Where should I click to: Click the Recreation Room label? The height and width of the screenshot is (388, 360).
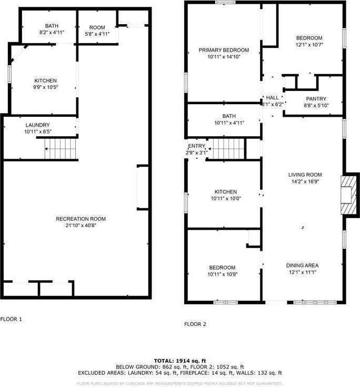point(81,219)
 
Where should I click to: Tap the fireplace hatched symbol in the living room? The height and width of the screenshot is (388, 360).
point(348,195)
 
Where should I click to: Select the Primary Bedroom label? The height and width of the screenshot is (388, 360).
point(224,50)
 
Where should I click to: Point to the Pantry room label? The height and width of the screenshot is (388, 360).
point(316,99)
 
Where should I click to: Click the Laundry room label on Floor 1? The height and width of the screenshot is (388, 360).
point(37,125)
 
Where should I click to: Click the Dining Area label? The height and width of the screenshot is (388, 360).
point(302,266)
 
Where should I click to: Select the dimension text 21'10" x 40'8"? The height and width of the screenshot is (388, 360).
point(81,226)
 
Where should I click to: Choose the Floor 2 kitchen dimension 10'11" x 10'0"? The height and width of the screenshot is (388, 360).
point(225,199)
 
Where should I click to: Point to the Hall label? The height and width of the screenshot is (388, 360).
point(272,98)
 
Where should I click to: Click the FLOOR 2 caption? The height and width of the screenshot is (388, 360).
point(196,324)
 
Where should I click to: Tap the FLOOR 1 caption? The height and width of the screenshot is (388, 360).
point(12,319)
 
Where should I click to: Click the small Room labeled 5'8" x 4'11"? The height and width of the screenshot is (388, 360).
point(97,34)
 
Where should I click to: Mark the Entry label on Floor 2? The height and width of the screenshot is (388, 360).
point(196,146)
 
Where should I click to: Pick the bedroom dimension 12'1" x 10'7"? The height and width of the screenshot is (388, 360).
point(308,45)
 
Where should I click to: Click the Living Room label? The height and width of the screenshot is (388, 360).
point(305,175)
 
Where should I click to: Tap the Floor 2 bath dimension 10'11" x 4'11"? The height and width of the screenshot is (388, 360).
point(229,122)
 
